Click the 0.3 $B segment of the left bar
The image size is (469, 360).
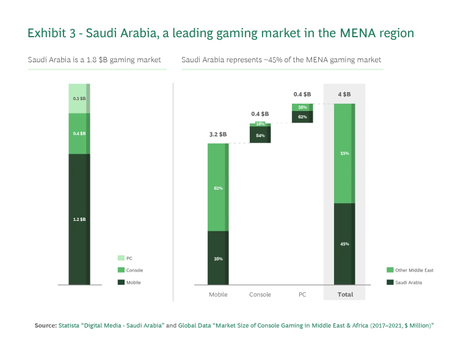point(79,98)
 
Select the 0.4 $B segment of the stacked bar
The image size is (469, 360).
point(79,134)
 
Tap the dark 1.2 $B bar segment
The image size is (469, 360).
point(79,218)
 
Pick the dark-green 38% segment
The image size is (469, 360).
point(217,257)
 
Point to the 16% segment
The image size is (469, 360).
point(261,124)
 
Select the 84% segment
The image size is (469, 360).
point(261,136)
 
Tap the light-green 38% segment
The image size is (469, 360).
point(302,107)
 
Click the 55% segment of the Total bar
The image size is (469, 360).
point(344,153)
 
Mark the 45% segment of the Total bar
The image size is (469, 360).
point(344,243)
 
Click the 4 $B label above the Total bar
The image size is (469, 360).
point(344,94)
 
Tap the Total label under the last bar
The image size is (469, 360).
point(345,294)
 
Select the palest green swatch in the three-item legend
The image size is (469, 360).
point(122,258)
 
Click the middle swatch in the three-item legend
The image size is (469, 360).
point(122,269)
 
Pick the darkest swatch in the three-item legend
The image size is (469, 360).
point(122,283)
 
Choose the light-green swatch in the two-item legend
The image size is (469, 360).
point(391,268)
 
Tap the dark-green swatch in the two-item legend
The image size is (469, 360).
point(391,283)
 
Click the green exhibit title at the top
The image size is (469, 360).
point(220,33)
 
